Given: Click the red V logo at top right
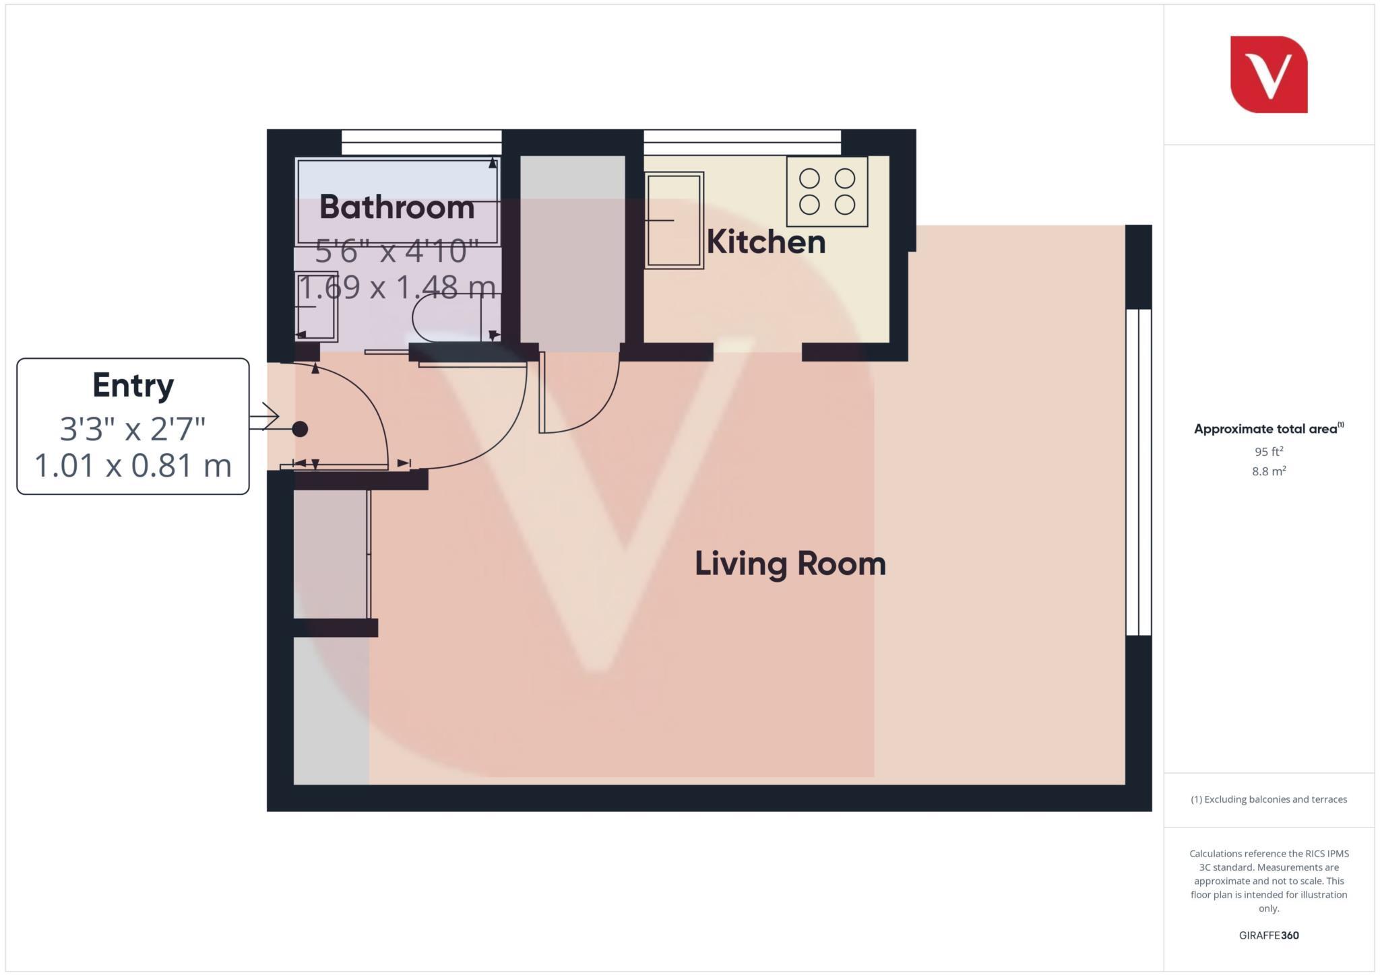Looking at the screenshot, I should click(x=1269, y=74).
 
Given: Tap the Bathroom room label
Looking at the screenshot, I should click(x=397, y=207).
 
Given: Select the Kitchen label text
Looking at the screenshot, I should click(x=766, y=242).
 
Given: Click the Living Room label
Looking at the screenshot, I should click(x=790, y=564).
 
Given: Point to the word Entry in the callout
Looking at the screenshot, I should click(x=133, y=385).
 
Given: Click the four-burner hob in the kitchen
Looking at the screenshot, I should click(x=827, y=191).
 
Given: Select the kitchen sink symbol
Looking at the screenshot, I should click(x=674, y=220).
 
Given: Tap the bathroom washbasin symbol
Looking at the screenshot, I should click(x=316, y=306).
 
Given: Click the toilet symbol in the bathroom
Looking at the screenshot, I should click(x=445, y=318).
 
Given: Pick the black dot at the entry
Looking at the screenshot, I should click(x=300, y=429).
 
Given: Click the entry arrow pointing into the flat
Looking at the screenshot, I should click(x=265, y=417).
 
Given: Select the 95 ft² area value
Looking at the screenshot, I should click(x=1269, y=452).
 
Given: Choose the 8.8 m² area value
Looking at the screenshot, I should click(x=1269, y=471).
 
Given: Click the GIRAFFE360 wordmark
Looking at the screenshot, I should click(x=1269, y=935).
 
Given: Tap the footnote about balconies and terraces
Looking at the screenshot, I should click(x=1269, y=799).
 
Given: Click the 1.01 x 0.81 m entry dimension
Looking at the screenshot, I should click(x=133, y=466).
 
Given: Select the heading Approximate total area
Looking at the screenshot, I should click(x=1267, y=429).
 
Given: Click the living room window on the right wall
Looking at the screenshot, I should click(x=1139, y=471).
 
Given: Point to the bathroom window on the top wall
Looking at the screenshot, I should click(x=421, y=142).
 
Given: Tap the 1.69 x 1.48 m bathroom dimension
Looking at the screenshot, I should click(x=397, y=288).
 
